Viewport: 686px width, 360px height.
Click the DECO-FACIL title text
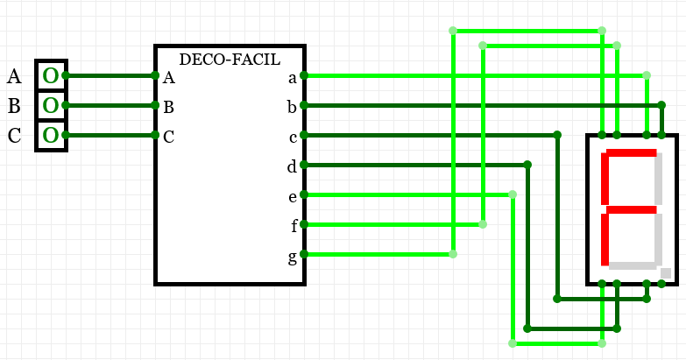coord(230,60)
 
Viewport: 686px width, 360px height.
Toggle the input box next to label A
coord(51,76)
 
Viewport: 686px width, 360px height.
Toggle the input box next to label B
coord(51,106)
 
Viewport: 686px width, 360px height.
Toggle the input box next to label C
coord(51,136)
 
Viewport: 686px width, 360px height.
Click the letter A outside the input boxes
coord(14,77)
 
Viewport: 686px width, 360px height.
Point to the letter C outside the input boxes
coord(14,136)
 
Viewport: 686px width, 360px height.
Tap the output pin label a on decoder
coord(293,78)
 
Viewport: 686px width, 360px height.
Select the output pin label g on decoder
coord(293,257)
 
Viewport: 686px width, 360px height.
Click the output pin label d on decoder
coord(292,166)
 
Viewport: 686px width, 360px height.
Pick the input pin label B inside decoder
coord(168,108)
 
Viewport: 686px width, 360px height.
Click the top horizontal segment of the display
coord(628,153)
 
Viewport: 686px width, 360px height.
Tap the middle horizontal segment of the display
coord(628,209)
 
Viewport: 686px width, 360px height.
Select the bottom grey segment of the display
coord(633,265)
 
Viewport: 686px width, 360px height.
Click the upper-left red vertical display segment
coord(604,181)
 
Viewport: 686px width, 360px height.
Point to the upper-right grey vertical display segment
coord(658,181)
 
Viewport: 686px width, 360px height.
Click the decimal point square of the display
coord(666,273)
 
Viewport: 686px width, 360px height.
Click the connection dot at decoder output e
coord(304,194)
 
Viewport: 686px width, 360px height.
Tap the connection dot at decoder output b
coord(304,105)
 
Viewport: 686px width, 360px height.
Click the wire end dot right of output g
coord(453,254)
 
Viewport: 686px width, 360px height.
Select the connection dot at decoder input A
coord(155,76)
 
